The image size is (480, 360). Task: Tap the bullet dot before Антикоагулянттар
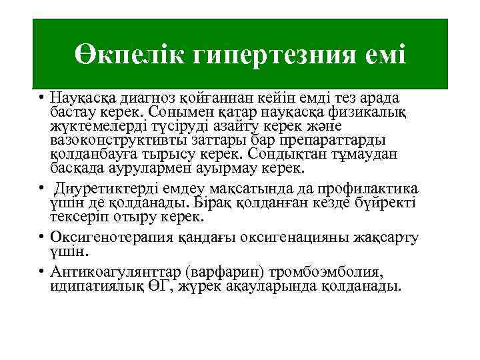(41, 271)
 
